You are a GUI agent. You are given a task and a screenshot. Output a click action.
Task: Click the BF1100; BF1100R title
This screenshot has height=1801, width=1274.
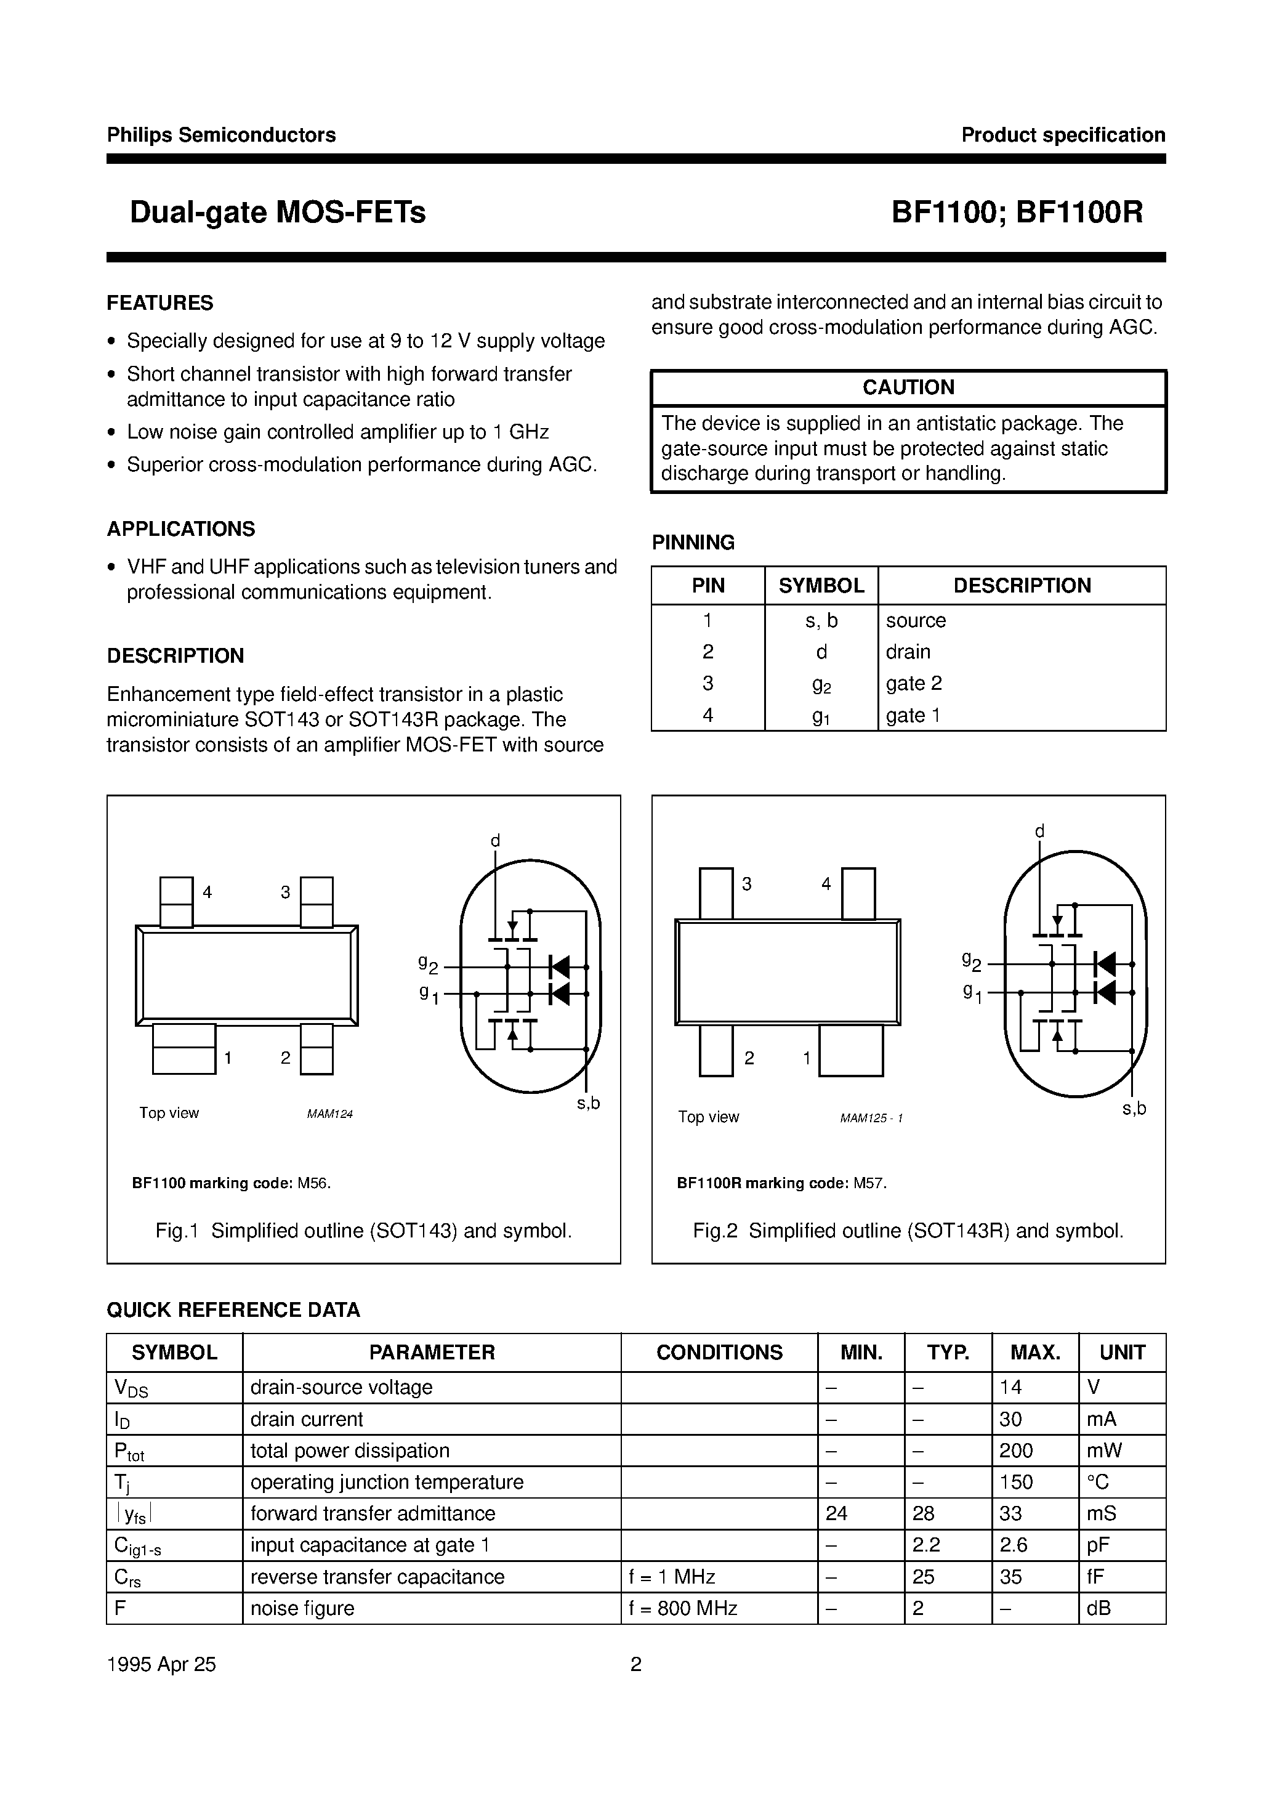[x=1017, y=212]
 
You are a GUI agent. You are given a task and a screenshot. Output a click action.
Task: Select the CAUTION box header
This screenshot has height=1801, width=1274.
[x=908, y=387]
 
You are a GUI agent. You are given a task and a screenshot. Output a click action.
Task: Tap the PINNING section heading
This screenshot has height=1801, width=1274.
[x=693, y=542]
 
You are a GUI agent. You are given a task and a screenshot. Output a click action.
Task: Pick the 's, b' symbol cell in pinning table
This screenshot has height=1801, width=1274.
[x=821, y=620]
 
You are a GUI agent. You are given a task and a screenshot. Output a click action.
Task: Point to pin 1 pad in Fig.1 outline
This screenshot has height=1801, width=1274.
[x=183, y=1048]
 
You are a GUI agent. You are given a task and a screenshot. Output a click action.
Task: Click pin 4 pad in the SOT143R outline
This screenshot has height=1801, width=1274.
[x=858, y=893]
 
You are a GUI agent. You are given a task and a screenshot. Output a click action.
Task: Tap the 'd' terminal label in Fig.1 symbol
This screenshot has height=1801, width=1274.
[x=495, y=841]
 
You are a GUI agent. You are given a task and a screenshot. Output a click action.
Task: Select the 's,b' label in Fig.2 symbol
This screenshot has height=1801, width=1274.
[x=1134, y=1108]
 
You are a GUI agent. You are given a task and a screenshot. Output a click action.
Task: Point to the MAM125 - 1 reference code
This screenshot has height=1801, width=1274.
[x=871, y=1117]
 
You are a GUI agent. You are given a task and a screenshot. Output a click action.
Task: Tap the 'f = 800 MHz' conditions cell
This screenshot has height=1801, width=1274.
[x=682, y=1608]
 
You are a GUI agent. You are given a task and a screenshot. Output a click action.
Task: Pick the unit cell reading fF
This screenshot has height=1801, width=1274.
[x=1097, y=1577]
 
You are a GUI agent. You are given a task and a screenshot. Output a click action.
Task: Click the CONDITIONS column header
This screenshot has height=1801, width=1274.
[x=719, y=1352]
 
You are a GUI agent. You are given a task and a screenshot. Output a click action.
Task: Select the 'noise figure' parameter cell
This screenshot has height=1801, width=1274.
[x=302, y=1608]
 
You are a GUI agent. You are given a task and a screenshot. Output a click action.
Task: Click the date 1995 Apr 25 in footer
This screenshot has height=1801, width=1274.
[x=161, y=1664]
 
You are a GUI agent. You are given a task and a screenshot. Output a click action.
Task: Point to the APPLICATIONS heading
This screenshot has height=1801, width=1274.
[x=180, y=529]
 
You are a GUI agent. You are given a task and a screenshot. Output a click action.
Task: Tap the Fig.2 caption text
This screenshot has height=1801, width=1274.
[x=908, y=1231]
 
